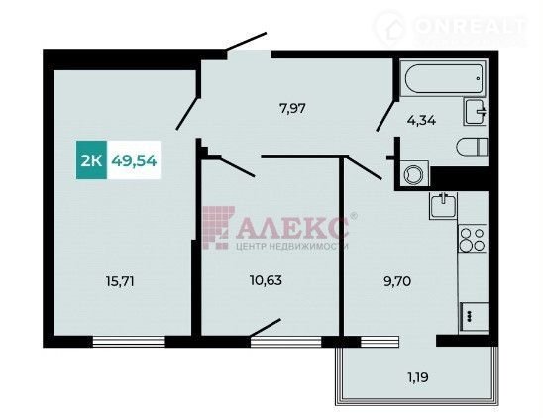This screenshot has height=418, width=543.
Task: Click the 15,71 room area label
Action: point(120,281)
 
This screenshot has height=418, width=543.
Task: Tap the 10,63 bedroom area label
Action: point(266,280)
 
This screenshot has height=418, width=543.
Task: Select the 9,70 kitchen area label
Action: point(397,281)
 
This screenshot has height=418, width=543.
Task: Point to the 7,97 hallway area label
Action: point(292,109)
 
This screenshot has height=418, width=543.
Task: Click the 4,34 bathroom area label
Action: point(421,121)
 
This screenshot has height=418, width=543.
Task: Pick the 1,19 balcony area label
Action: point(418,377)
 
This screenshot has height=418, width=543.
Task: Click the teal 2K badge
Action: point(91,160)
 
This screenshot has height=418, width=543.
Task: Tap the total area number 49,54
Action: point(134,160)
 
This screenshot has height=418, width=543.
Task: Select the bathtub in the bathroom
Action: point(444,78)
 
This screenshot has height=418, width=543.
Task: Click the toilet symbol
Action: point(472,147)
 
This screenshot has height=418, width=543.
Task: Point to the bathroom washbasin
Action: point(476,112)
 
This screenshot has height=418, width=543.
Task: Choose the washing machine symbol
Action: point(414,173)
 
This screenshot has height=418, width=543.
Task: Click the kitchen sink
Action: point(443,206)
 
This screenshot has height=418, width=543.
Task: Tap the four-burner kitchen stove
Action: point(473,240)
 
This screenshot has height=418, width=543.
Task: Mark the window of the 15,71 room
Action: point(129,342)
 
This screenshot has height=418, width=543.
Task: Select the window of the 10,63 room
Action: point(286,342)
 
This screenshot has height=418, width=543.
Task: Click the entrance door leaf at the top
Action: point(246,42)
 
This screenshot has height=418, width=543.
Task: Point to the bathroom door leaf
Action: point(386,116)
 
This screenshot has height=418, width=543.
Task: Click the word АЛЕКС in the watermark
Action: point(293,228)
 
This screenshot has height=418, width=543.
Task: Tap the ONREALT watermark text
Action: point(472,26)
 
